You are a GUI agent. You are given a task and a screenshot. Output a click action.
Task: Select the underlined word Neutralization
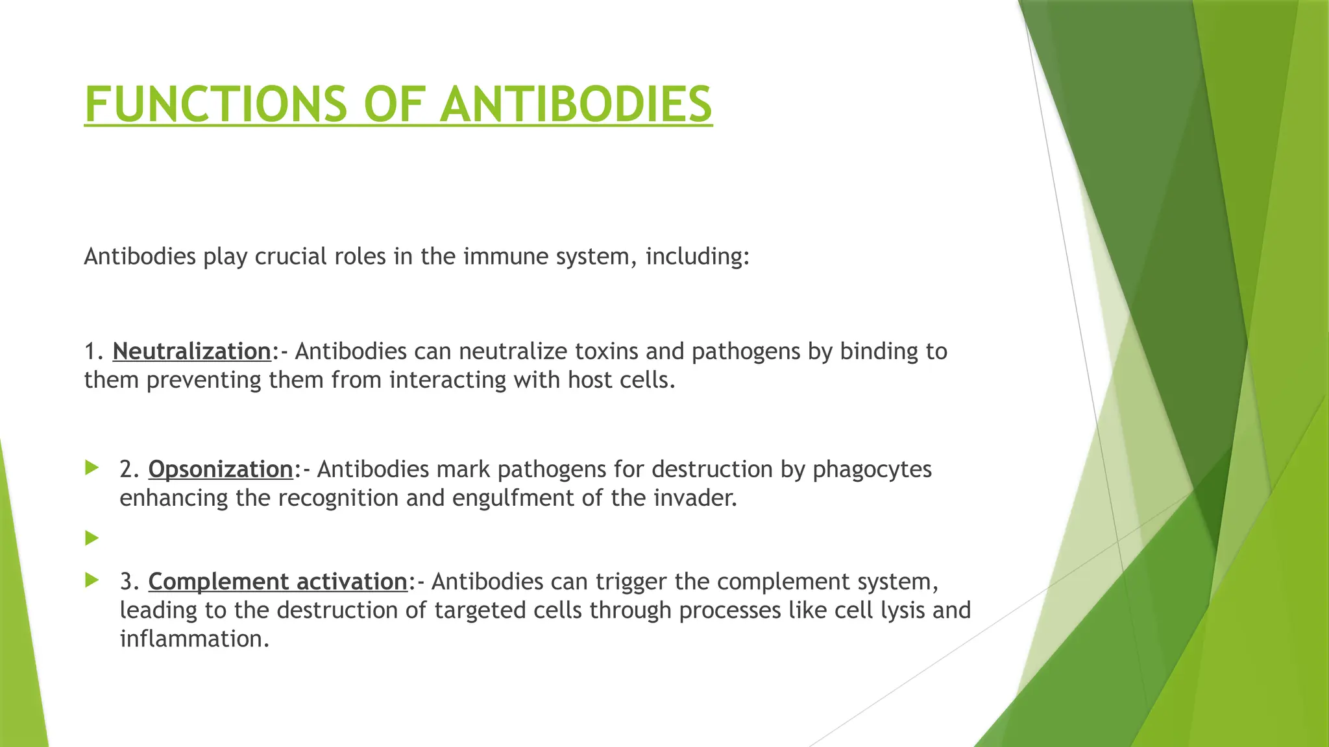191,351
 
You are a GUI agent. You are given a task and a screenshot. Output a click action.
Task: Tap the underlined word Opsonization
221,469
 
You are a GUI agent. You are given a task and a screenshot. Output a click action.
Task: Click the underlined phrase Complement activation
278,582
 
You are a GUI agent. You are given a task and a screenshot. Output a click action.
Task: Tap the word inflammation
194,639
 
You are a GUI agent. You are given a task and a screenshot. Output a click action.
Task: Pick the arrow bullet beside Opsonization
91,468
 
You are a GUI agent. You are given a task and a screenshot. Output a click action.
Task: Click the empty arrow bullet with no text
91,538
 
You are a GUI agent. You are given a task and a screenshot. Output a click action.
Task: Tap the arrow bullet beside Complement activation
91,580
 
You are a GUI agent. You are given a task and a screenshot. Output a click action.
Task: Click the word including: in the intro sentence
697,257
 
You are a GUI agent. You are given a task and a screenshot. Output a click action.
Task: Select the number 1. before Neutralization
94,351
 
